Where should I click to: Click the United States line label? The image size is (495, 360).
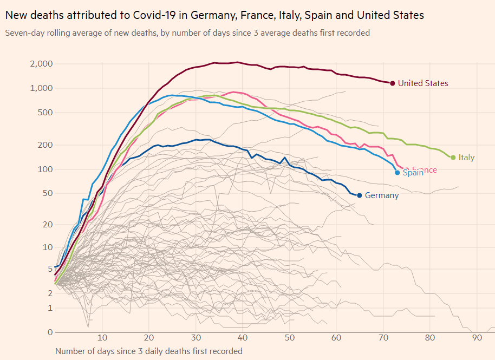423,83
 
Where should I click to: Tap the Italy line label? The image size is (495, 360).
466,158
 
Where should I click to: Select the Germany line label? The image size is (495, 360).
382,195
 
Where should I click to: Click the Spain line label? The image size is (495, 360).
413,173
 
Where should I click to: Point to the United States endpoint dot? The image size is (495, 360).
392,83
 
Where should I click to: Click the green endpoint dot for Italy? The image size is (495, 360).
453,158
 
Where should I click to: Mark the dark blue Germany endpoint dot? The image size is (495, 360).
359,195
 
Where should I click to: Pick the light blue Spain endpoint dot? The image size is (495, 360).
398,173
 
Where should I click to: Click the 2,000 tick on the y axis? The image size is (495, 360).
42,64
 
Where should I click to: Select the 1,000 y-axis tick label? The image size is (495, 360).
42,88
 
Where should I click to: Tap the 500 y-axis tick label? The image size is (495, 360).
45,113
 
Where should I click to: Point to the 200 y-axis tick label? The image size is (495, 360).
45,145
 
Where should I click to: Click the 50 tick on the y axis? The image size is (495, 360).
47,193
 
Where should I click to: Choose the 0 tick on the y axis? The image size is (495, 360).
50,332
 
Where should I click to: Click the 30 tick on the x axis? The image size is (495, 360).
196,337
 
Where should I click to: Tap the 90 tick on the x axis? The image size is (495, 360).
477,337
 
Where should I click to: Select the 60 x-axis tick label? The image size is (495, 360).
336,337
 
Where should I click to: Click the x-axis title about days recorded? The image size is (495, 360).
149,351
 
